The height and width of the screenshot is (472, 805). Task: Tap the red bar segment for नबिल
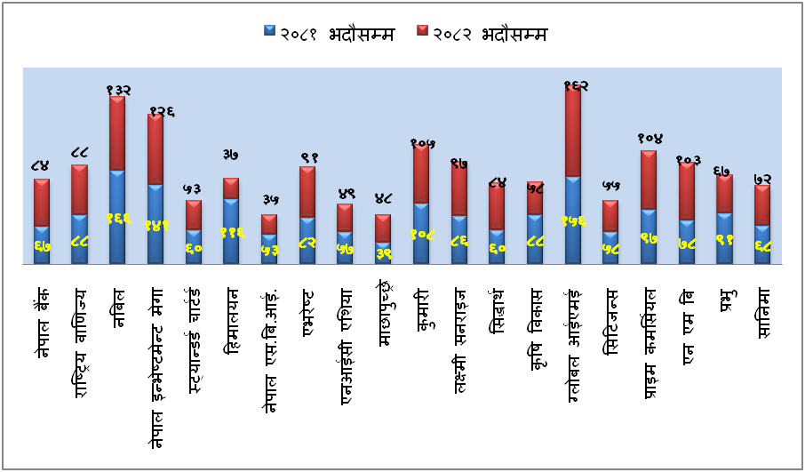tap(117, 133)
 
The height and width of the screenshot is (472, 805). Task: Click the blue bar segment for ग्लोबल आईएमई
tap(573, 220)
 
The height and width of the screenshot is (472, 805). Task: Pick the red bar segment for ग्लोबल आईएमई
tap(573, 132)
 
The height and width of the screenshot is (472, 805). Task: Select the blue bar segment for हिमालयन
tap(231, 231)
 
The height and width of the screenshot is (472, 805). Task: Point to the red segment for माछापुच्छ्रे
tap(383, 228)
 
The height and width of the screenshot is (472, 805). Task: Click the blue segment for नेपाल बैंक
tap(42, 244)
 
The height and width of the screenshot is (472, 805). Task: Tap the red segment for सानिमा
tap(761, 204)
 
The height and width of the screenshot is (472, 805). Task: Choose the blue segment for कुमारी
tap(421, 233)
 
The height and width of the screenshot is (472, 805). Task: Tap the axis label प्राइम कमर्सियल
tap(650, 342)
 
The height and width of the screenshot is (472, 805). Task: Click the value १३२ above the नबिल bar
tap(118, 90)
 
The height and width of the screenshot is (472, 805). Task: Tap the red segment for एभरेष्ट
tap(307, 191)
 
